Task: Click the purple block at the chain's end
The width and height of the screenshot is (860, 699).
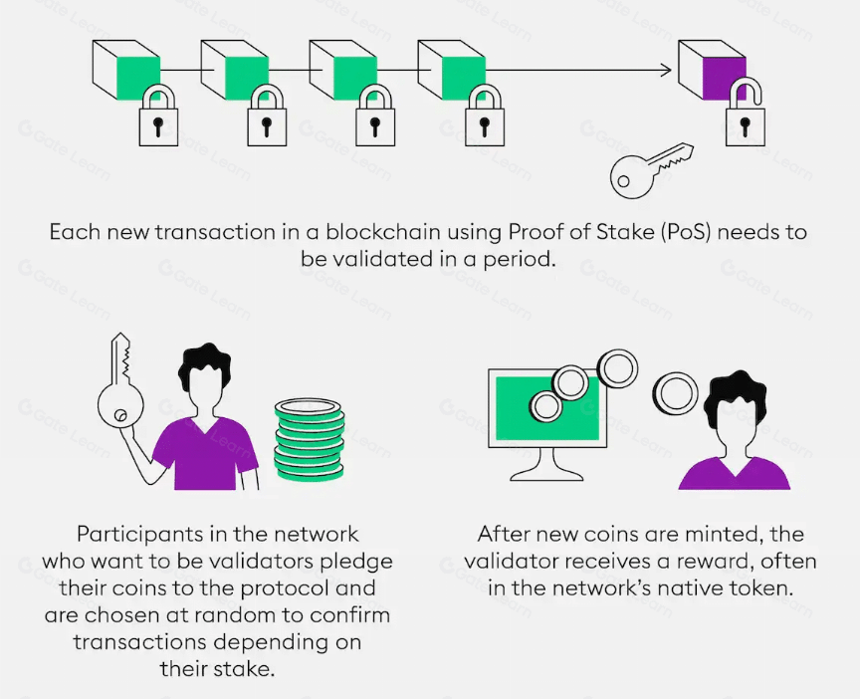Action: [712, 70]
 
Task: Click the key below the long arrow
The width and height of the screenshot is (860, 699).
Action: [651, 170]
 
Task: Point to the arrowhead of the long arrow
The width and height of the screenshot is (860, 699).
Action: [666, 71]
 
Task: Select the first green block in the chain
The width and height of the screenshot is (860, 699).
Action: [126, 70]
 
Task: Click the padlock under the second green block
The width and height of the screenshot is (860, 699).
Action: [267, 116]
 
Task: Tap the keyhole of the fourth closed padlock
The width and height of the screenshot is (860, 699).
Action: [484, 126]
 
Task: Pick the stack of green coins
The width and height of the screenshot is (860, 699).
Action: [310, 439]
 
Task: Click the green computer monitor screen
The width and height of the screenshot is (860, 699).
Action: [547, 408]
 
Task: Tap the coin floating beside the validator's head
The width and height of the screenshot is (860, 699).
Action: [675, 394]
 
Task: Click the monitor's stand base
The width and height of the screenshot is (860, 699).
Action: [546, 474]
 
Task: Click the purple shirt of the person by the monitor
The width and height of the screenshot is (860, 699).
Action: [734, 474]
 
